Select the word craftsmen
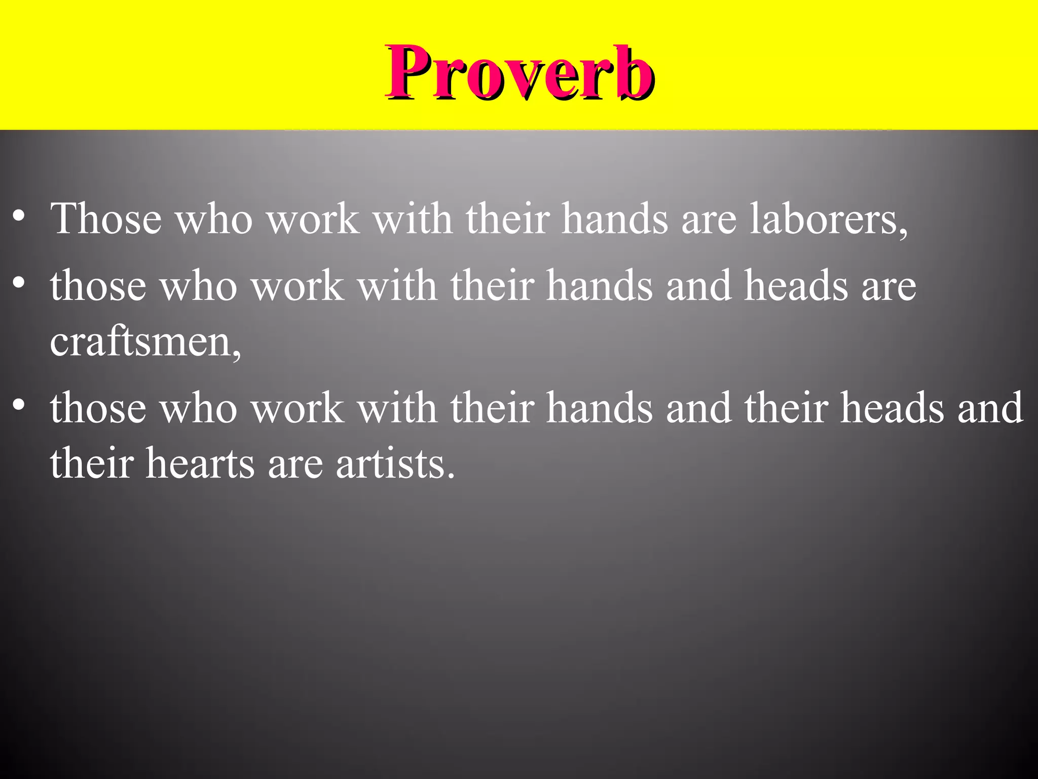140,341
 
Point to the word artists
391,463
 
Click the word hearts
200,463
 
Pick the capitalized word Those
106,219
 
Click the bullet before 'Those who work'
19,216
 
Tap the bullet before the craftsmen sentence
19,282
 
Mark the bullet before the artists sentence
19,405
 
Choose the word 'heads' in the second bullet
796,286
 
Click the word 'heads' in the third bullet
893,408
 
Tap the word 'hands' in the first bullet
615,219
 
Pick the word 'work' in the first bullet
313,219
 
